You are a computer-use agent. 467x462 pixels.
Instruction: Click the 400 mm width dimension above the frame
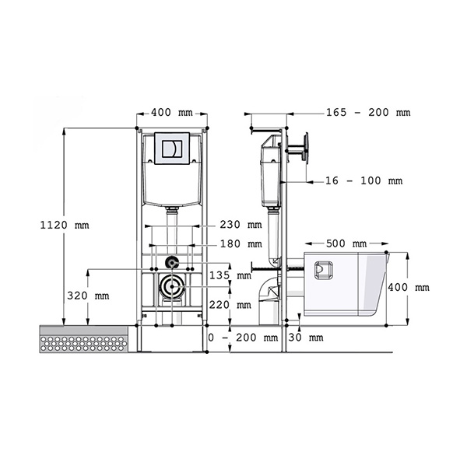[x=172, y=113]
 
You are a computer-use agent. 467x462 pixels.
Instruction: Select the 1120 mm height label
[x=65, y=225]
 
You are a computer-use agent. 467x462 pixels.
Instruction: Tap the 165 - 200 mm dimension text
[x=368, y=113]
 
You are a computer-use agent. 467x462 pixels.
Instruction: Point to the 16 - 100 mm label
[x=363, y=180]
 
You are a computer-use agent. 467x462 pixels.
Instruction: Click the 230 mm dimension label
[x=241, y=225]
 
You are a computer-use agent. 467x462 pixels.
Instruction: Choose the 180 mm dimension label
[x=241, y=244]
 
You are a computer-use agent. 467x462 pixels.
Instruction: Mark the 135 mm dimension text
[x=230, y=275]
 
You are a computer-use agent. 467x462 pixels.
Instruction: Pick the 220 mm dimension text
[x=230, y=305]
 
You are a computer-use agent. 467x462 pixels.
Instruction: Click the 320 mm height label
[x=88, y=296]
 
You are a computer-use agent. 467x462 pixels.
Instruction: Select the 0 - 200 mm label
[x=243, y=338]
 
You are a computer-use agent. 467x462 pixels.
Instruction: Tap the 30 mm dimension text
[x=306, y=338]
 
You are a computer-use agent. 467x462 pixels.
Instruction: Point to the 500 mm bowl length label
[x=346, y=243]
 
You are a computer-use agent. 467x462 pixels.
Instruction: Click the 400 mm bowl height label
[x=409, y=287]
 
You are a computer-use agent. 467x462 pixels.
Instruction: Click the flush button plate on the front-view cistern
[x=172, y=149]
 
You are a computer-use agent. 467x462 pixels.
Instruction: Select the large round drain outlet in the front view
[x=172, y=286]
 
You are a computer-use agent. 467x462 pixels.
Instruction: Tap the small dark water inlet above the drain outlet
[x=171, y=262]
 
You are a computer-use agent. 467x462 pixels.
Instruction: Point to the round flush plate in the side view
[x=306, y=149]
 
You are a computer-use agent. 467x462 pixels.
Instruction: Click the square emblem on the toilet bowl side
[x=324, y=270]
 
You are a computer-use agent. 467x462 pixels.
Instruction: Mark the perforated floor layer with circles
[x=84, y=345]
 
